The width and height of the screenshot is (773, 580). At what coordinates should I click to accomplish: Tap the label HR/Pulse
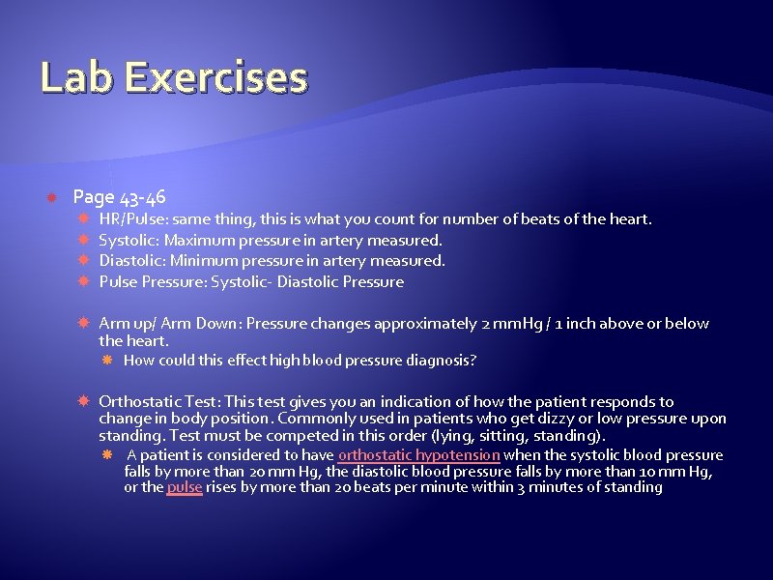point(129,219)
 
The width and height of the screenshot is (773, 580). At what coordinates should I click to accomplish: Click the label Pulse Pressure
point(142,282)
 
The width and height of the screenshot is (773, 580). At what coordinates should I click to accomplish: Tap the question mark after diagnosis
point(472,361)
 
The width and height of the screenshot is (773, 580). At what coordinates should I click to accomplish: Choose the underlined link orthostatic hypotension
point(418,454)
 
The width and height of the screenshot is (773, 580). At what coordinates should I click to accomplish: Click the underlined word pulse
point(185,487)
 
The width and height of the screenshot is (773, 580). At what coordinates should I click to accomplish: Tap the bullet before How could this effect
point(109,361)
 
